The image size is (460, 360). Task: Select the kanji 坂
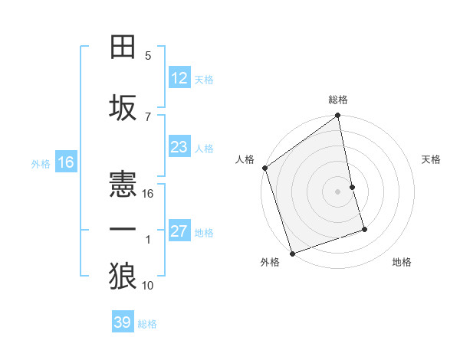pyautogui.click(x=123, y=108)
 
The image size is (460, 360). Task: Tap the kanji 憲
pyautogui.click(x=123, y=185)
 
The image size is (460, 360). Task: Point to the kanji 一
pyautogui.click(x=123, y=230)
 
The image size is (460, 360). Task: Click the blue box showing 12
pyautogui.click(x=179, y=78)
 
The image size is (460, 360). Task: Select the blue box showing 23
pyautogui.click(x=179, y=147)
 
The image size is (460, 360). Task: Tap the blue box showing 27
pyautogui.click(x=179, y=231)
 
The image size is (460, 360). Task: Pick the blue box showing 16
pyautogui.click(x=66, y=162)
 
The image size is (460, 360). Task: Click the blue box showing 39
pyautogui.click(x=123, y=322)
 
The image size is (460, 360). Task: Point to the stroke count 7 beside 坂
pyautogui.click(x=148, y=117)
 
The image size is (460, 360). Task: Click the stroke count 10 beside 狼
pyautogui.click(x=149, y=286)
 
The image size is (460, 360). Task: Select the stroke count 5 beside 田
pyautogui.click(x=148, y=56)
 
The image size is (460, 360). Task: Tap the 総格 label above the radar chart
pyautogui.click(x=338, y=100)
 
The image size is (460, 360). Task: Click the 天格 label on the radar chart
pyautogui.click(x=432, y=159)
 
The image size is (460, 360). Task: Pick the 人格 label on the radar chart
pyautogui.click(x=245, y=159)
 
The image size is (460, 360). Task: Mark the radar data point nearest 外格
pyautogui.click(x=292, y=253)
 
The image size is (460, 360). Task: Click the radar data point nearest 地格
pyautogui.click(x=364, y=229)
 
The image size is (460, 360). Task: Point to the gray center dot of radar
pyautogui.click(x=338, y=191)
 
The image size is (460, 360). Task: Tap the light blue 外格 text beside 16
pyautogui.click(x=40, y=163)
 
